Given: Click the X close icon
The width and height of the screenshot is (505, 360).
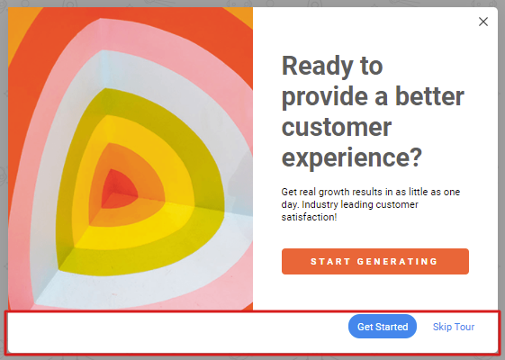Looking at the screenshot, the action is click(483, 22).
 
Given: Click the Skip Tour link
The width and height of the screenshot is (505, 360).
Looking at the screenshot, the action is click(454, 327).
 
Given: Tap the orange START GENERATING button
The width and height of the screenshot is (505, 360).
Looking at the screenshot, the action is click(375, 261).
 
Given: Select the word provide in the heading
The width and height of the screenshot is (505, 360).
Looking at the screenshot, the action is click(325, 97).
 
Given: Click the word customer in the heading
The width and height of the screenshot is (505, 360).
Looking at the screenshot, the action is click(337, 127).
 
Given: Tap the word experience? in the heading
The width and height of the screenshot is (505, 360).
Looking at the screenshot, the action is click(352, 158).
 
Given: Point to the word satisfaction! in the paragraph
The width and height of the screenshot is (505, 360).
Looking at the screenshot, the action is click(309, 217).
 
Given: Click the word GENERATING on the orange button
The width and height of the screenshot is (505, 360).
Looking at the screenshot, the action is click(397, 262).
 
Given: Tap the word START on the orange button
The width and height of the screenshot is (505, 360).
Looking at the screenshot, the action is click(330, 262).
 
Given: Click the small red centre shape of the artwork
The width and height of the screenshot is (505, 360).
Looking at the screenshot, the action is click(119, 189).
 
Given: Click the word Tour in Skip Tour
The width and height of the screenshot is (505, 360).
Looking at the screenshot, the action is click(464, 327).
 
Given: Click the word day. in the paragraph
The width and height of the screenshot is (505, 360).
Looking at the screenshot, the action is click(290, 205).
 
